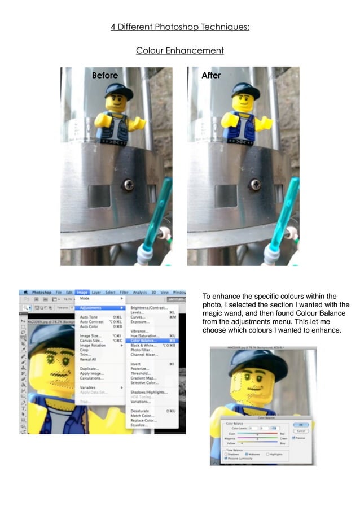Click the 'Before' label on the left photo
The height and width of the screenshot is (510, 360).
pyautogui.click(x=105, y=76)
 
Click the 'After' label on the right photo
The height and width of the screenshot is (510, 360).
pyautogui.click(x=211, y=76)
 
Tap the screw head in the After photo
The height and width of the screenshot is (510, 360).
pyautogui.click(x=255, y=184)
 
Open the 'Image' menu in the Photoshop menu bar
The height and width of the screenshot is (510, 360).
pyautogui.click(x=82, y=292)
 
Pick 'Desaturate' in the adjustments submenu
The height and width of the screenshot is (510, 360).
pyautogui.click(x=140, y=411)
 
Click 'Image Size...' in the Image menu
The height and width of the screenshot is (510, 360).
pyautogui.click(x=90, y=336)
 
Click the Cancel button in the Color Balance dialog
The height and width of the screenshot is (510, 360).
pyautogui.click(x=301, y=431)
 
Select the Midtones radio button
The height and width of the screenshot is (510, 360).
pyautogui.click(x=247, y=454)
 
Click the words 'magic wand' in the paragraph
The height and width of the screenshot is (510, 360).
pyautogui.click(x=223, y=313)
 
